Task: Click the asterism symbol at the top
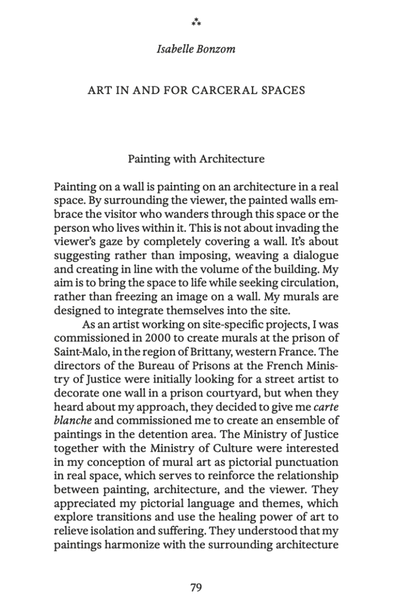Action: (x=196, y=22)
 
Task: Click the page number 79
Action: (x=196, y=588)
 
